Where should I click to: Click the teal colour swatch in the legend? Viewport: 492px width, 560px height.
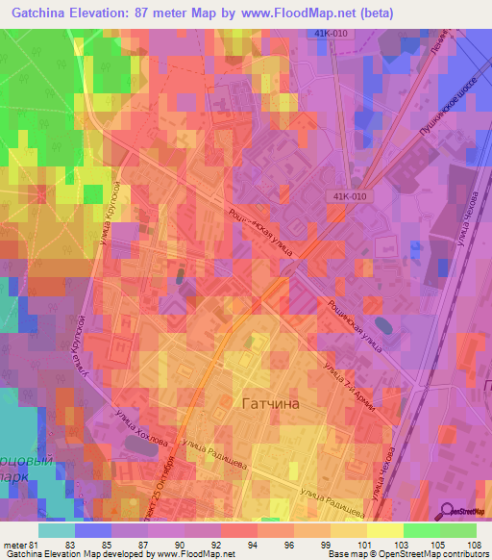[x=56, y=530]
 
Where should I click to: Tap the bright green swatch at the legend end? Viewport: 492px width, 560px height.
[x=458, y=530]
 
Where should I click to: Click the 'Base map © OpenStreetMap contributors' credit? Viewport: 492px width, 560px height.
[x=406, y=554]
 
